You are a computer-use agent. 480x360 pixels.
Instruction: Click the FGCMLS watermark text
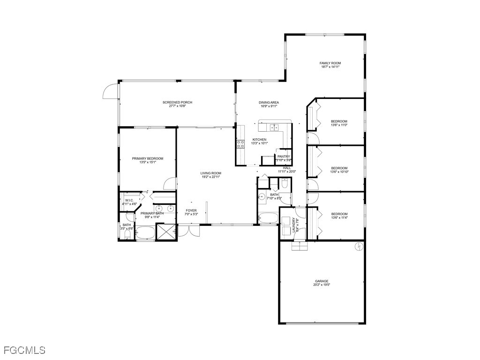[24, 350]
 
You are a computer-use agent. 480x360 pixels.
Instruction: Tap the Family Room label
[330, 63]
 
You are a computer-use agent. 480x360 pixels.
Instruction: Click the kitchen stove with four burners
[240, 144]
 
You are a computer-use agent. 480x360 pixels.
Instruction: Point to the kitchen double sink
[274, 127]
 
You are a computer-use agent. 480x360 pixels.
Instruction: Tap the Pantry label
[284, 157]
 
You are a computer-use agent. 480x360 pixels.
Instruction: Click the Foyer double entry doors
[188, 231]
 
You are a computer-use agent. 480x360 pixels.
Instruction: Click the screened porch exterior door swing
[110, 91]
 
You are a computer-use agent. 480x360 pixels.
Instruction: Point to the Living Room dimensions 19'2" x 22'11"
[211, 177]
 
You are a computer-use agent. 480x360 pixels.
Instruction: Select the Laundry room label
[295, 225]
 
